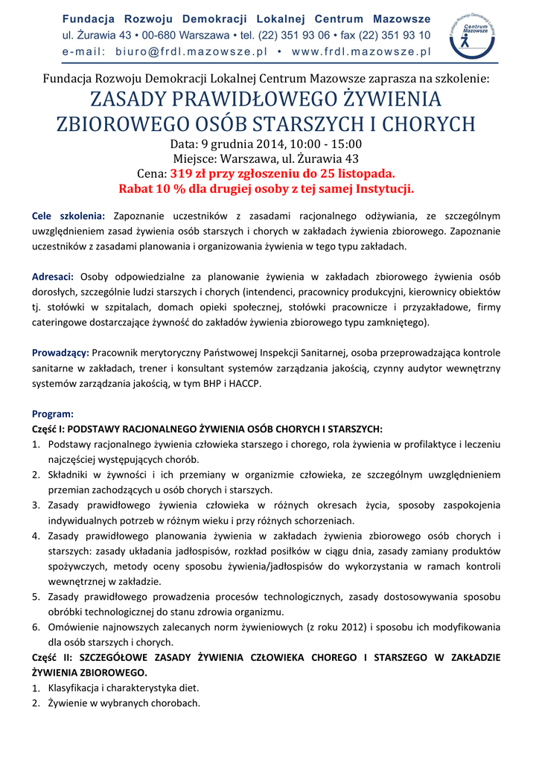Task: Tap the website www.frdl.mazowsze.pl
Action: (362, 52)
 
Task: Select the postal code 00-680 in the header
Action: (162, 35)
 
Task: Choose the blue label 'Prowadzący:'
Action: (60, 353)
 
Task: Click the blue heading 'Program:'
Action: (52, 414)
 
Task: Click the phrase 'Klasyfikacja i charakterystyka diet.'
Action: (124, 688)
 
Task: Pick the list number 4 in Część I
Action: (35, 536)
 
